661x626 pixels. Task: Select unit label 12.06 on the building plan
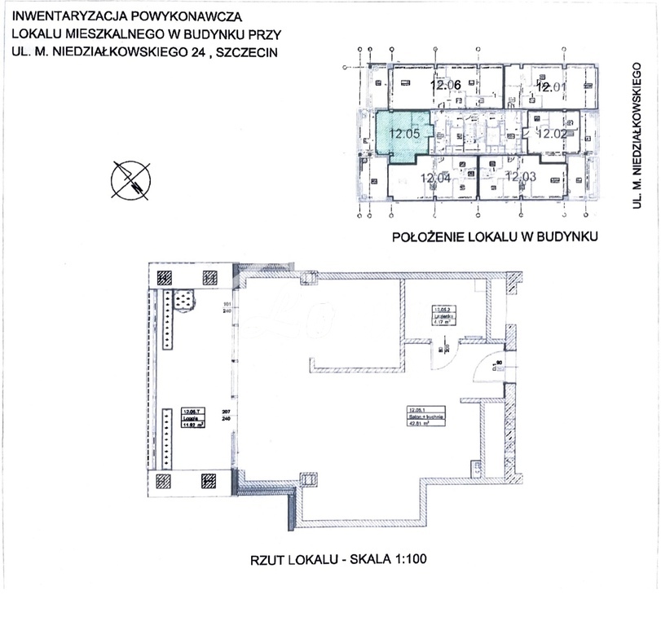[447, 86]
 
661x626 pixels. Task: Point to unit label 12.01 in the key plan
[551, 86]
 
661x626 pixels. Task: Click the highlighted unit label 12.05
[403, 133]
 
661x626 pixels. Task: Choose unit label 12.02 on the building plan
[552, 133]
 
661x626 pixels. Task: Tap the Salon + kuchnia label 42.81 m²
[421, 417]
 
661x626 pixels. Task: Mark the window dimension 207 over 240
[227, 414]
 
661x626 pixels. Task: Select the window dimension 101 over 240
[227, 308]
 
